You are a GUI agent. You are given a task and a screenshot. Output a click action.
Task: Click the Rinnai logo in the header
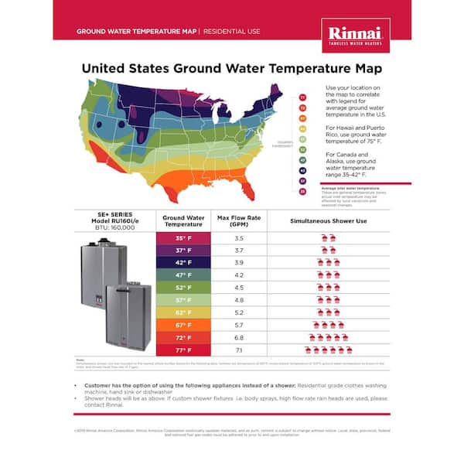coord(355,35)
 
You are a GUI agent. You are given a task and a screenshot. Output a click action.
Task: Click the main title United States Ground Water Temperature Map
coord(232,68)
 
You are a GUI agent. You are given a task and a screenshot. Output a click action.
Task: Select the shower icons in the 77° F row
coord(328,350)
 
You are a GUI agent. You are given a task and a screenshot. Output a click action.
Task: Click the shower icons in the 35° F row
coord(328,237)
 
